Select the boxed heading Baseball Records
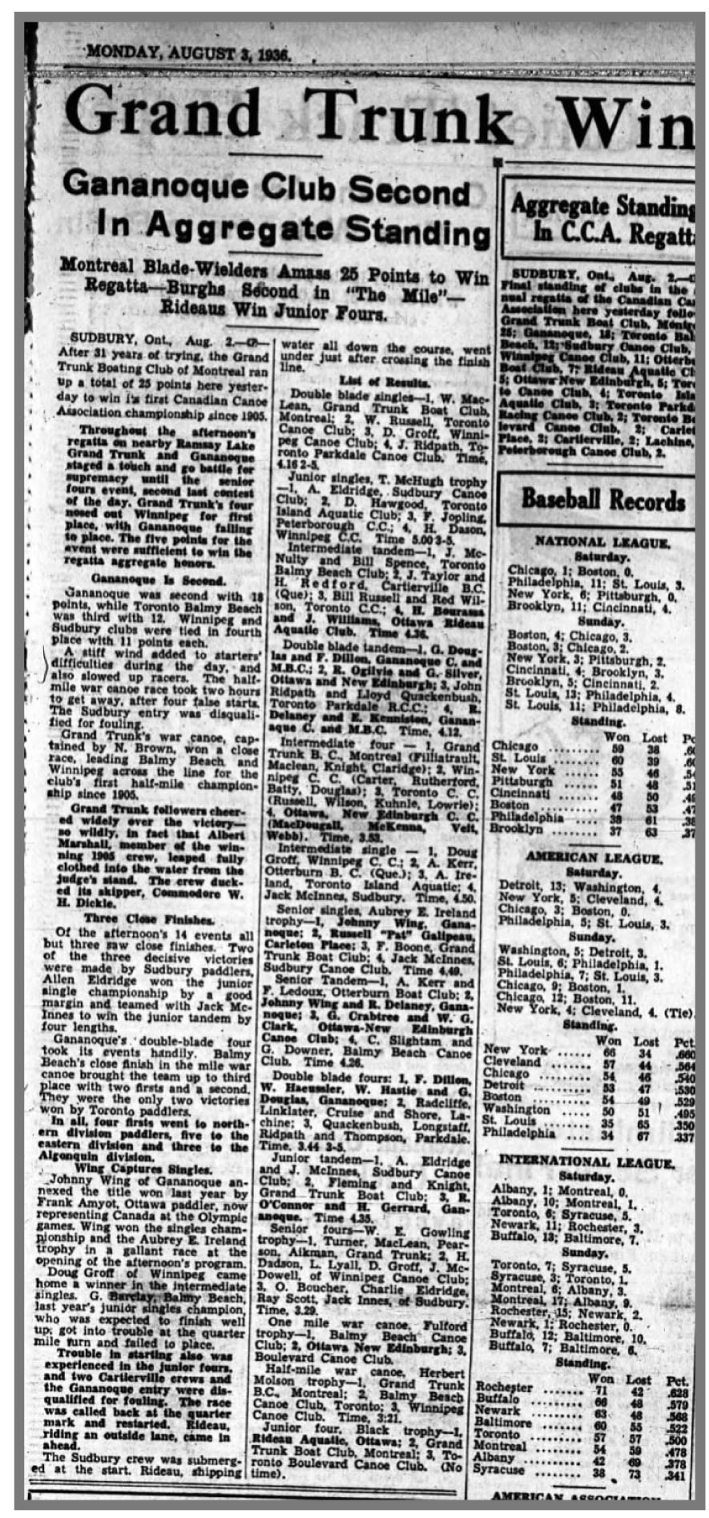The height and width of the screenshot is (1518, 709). (x=602, y=500)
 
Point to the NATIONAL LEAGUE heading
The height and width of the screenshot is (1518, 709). (x=602, y=543)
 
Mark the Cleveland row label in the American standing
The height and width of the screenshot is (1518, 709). (x=511, y=1063)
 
